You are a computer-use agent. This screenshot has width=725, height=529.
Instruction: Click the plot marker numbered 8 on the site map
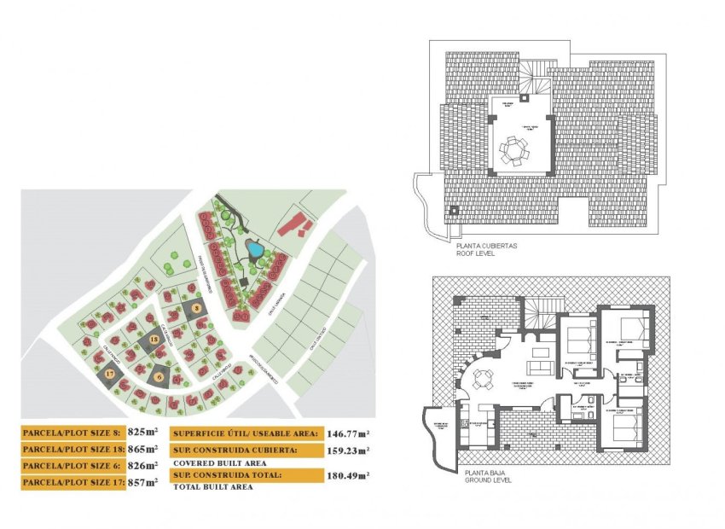(196, 307)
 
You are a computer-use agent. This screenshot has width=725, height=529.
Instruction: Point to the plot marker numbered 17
(110, 373)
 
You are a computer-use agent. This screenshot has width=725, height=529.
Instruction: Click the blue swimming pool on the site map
(254, 248)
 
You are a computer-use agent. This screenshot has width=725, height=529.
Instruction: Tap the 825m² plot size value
(143, 432)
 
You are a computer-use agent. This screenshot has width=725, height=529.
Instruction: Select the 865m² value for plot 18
(143, 449)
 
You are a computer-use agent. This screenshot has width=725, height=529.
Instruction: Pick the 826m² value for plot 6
(143, 466)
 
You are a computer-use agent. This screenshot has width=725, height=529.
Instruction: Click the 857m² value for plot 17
(143, 483)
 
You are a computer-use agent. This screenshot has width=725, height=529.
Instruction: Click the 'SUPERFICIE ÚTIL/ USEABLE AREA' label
(246, 433)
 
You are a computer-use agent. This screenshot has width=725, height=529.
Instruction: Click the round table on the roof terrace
(514, 151)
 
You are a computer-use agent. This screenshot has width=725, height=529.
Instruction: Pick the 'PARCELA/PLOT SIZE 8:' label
(73, 432)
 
